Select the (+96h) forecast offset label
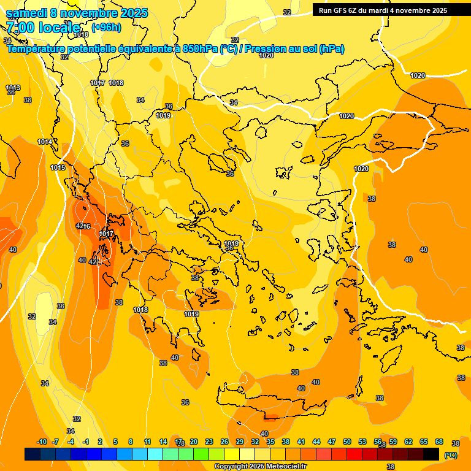pos(106,28)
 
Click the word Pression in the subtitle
pos(268,49)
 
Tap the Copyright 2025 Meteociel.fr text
pos(261,467)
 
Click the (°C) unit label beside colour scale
pos(450,455)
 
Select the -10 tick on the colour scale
pos(42,442)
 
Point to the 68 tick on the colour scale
pos(439,442)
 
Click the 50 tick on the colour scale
pos(347,442)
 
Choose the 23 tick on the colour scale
pos(209,442)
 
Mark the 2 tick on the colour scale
pos(101,442)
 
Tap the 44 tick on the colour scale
pos(316,442)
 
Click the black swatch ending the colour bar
pos(431,454)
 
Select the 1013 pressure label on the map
pos(13,88)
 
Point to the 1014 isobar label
pos(45,142)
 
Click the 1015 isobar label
pos(58,167)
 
